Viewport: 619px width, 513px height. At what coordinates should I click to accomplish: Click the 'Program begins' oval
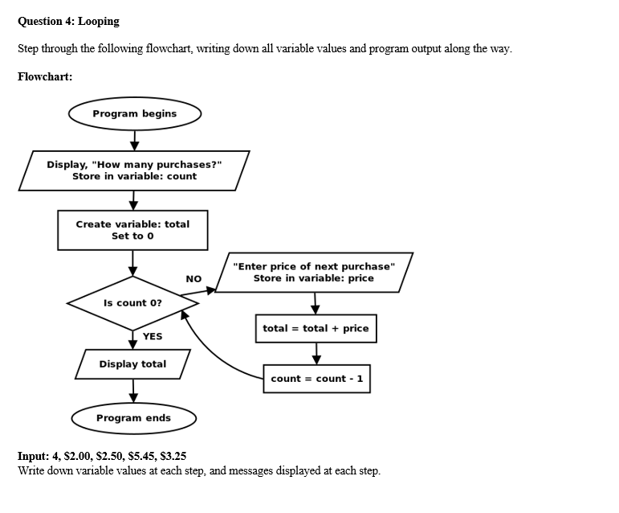134,113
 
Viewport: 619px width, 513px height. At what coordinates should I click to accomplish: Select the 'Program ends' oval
133,418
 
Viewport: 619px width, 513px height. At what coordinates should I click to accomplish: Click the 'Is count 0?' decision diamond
132,303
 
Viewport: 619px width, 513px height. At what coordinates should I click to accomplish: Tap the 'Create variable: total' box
132,230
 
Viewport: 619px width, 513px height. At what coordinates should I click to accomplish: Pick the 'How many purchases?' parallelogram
134,170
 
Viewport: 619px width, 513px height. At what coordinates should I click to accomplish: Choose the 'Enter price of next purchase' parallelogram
314,273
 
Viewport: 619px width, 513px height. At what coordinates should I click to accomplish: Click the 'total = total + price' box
316,328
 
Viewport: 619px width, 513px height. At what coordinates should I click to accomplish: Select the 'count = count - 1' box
317,379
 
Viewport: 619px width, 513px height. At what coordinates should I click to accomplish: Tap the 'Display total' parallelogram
132,364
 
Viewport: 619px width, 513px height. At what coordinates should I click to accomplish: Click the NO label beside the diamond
193,279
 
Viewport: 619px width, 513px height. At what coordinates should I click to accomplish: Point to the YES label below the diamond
153,336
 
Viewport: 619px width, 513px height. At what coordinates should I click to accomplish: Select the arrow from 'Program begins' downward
134,140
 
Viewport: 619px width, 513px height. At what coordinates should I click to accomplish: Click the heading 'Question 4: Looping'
68,21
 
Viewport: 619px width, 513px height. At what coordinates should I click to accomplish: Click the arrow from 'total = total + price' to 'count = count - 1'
316,353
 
